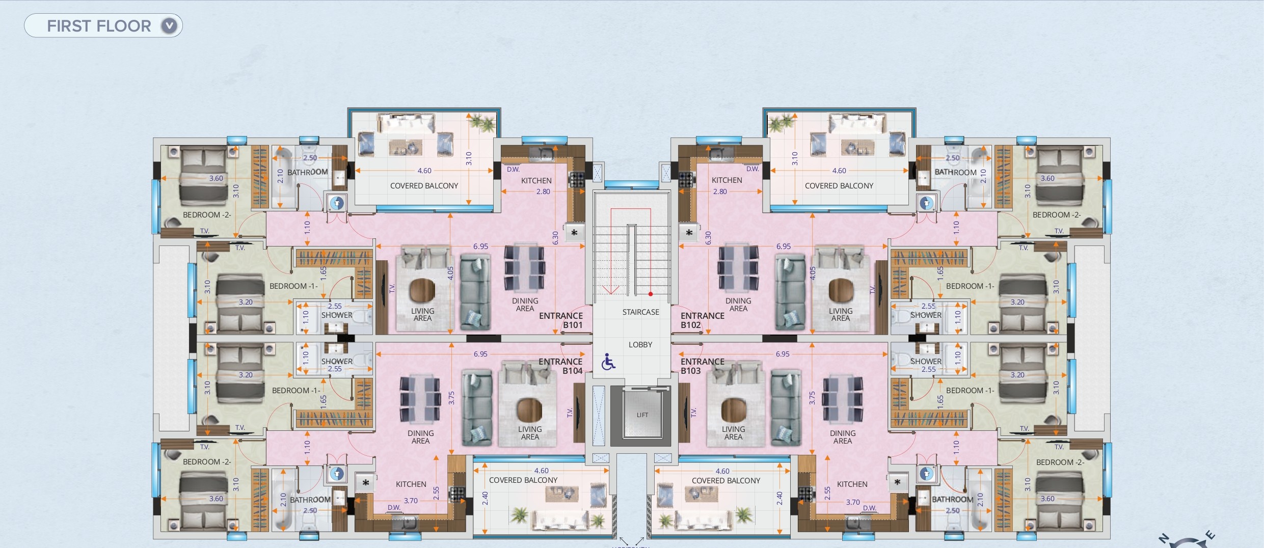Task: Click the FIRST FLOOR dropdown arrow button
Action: click(169, 25)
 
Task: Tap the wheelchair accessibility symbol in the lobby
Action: click(608, 362)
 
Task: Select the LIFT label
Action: click(642, 415)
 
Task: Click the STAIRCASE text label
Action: click(640, 312)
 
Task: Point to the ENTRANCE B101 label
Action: click(561, 320)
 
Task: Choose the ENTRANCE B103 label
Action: click(703, 366)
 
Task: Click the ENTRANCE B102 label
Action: click(703, 320)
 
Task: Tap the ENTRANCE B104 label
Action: click(560, 366)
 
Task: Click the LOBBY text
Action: click(640, 345)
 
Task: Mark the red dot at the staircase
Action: click(651, 294)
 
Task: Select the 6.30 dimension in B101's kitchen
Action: click(555, 238)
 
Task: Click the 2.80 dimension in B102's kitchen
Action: click(720, 191)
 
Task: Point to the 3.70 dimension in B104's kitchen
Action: click(411, 501)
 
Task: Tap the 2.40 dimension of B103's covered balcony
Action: click(779, 498)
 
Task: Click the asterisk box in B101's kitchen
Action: click(574, 233)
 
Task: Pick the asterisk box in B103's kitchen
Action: click(897, 482)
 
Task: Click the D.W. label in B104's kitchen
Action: click(394, 507)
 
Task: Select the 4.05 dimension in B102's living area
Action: click(813, 273)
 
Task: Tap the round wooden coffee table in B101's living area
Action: click(422, 290)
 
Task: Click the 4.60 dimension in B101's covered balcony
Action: click(424, 171)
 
